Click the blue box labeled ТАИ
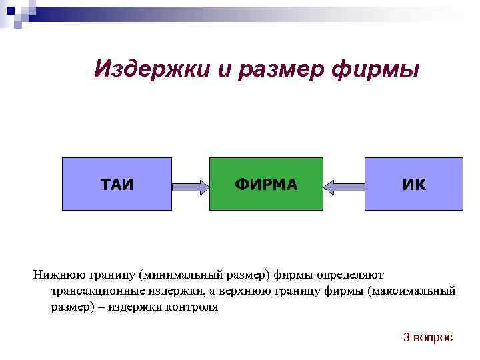coord(117,184)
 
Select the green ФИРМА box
coord(266,184)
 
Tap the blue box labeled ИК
coord(413,184)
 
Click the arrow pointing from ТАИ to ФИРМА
coord(191,187)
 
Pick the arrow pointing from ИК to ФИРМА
coord(344,187)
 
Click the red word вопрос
coord(433,338)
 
